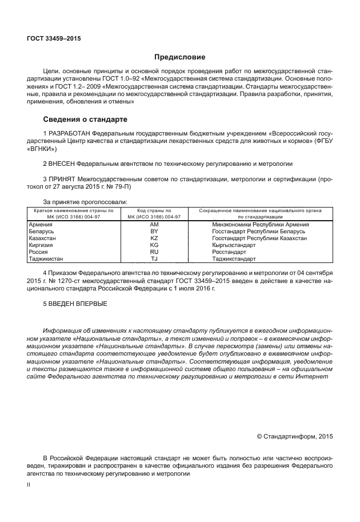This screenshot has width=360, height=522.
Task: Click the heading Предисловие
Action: (180, 57)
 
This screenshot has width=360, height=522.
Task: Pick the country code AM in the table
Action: (154, 224)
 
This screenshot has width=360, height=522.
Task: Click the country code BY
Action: (154, 231)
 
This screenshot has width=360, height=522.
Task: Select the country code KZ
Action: (154, 238)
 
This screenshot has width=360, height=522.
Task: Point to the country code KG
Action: (154, 245)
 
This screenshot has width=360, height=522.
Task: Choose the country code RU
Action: (154, 252)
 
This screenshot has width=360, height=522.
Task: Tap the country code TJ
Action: (154, 258)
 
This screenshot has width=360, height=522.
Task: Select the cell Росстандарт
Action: (229, 252)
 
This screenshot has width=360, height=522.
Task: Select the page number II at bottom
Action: (29, 484)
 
